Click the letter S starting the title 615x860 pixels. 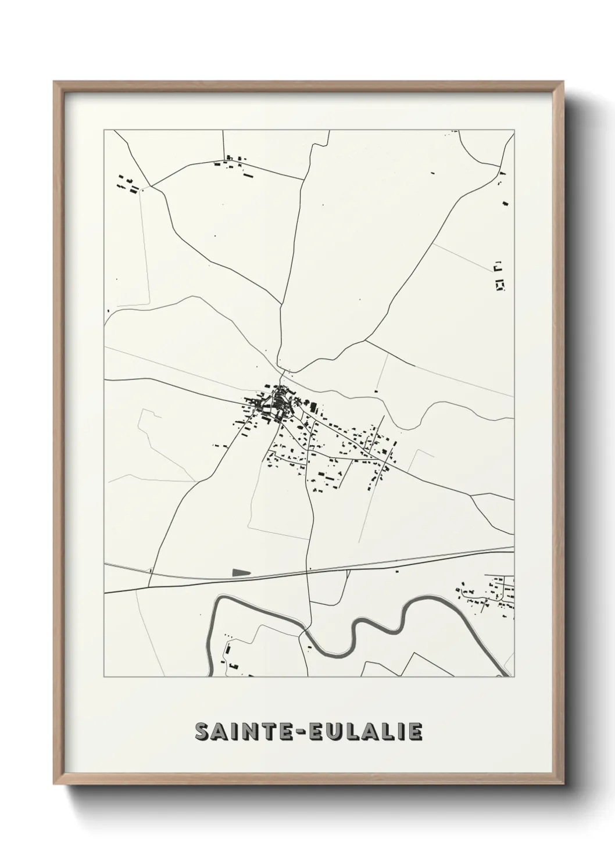[x=202, y=732]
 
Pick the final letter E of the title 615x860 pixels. [x=415, y=732]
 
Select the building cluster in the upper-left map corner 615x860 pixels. [x=128, y=184]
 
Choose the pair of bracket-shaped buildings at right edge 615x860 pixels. [x=499, y=276]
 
